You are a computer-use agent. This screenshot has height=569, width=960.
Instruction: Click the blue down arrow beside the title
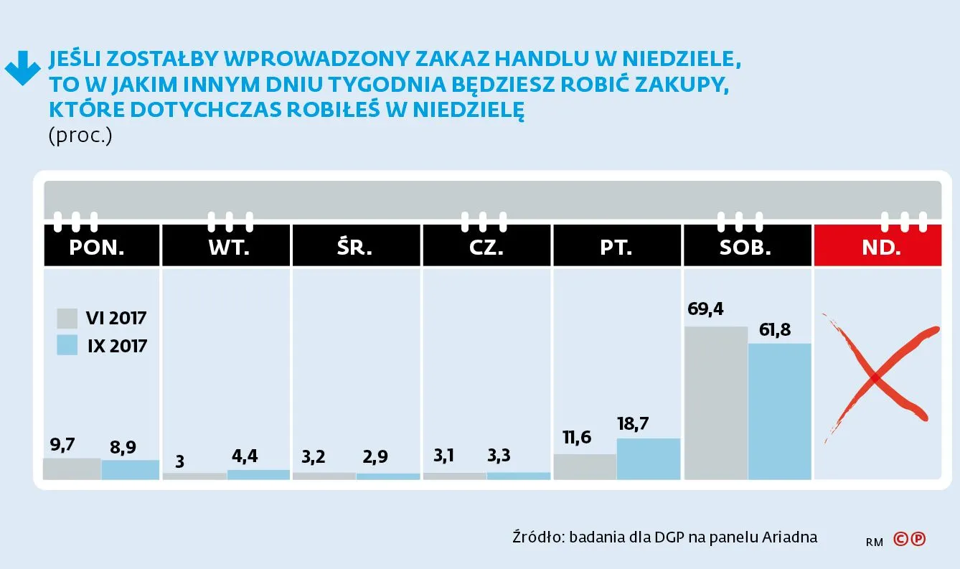[22, 69]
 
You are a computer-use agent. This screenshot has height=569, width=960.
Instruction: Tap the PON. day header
[97, 248]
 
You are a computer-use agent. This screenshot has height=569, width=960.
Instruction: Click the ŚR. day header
[357, 248]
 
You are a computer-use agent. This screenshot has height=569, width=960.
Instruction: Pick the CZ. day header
[486, 248]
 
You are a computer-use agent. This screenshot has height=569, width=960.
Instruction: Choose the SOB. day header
[745, 248]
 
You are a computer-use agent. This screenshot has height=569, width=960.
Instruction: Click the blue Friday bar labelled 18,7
[648, 459]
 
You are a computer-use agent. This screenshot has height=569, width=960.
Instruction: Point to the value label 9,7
[62, 445]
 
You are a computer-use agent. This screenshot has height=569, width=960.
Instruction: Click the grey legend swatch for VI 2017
[67, 318]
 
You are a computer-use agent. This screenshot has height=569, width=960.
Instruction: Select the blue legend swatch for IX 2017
[67, 345]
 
